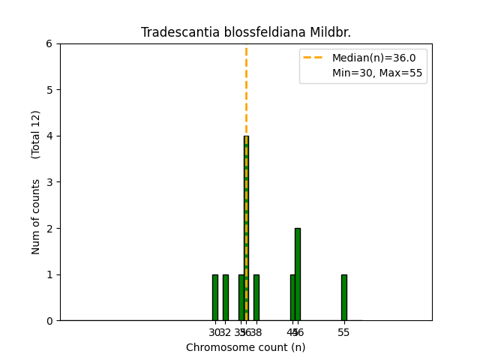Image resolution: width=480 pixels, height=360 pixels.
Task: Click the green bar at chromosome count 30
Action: pos(215,298)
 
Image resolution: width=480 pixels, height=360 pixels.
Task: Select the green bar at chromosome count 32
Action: pos(225,298)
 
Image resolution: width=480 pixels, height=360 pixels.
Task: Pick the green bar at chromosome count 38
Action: pos(256,298)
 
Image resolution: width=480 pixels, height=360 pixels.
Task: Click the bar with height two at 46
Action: pos(298,274)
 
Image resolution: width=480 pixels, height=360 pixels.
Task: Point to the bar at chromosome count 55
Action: pos(344,298)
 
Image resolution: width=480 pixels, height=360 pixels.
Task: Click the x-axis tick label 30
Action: pos(214,332)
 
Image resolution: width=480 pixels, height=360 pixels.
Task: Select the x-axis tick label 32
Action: pos(226,332)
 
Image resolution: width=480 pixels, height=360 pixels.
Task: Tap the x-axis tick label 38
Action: pos(256,332)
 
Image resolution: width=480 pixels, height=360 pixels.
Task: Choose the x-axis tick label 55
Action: pos(344,332)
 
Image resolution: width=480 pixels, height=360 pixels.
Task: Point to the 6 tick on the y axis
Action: pos(49,43)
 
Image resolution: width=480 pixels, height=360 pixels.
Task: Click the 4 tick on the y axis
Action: pos(49,136)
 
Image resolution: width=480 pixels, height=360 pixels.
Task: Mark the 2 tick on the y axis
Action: pos(49,228)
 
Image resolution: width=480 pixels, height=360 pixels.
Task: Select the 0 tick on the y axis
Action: pos(49,321)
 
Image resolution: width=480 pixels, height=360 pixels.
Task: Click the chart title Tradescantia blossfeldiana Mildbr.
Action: pos(246,33)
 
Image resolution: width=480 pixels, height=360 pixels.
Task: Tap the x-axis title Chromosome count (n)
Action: pos(246,347)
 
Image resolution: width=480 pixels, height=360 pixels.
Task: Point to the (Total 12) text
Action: pos(36,134)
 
